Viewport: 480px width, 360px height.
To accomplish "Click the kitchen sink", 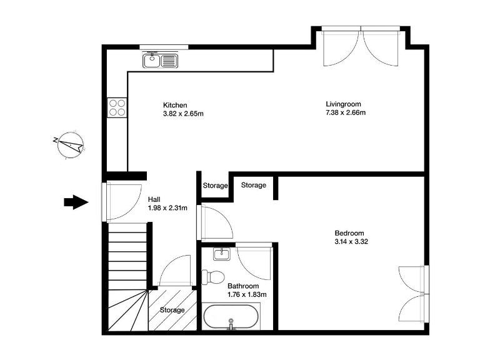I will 161,61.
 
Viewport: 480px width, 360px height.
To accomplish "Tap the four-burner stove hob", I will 117,108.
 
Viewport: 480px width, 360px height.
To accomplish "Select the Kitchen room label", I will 175,105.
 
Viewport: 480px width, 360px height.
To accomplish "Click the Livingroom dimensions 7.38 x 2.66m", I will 345,113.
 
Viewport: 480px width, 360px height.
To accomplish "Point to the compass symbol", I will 69,145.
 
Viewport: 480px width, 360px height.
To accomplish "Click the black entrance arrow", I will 77,202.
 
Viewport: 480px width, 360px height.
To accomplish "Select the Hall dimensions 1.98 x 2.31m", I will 167,208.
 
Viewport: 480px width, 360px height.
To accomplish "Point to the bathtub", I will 231,317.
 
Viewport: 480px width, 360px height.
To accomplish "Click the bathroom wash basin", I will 221,254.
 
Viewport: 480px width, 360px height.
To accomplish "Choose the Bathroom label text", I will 243,286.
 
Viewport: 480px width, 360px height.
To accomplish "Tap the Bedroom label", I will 349,232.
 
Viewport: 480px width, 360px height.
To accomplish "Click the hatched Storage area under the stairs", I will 172,309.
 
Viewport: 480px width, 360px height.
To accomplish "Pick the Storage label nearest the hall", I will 215,186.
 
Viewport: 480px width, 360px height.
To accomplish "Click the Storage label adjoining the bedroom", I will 253,186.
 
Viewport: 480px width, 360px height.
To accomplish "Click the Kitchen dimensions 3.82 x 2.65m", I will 183,114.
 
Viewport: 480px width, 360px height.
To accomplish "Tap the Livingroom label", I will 343,104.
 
